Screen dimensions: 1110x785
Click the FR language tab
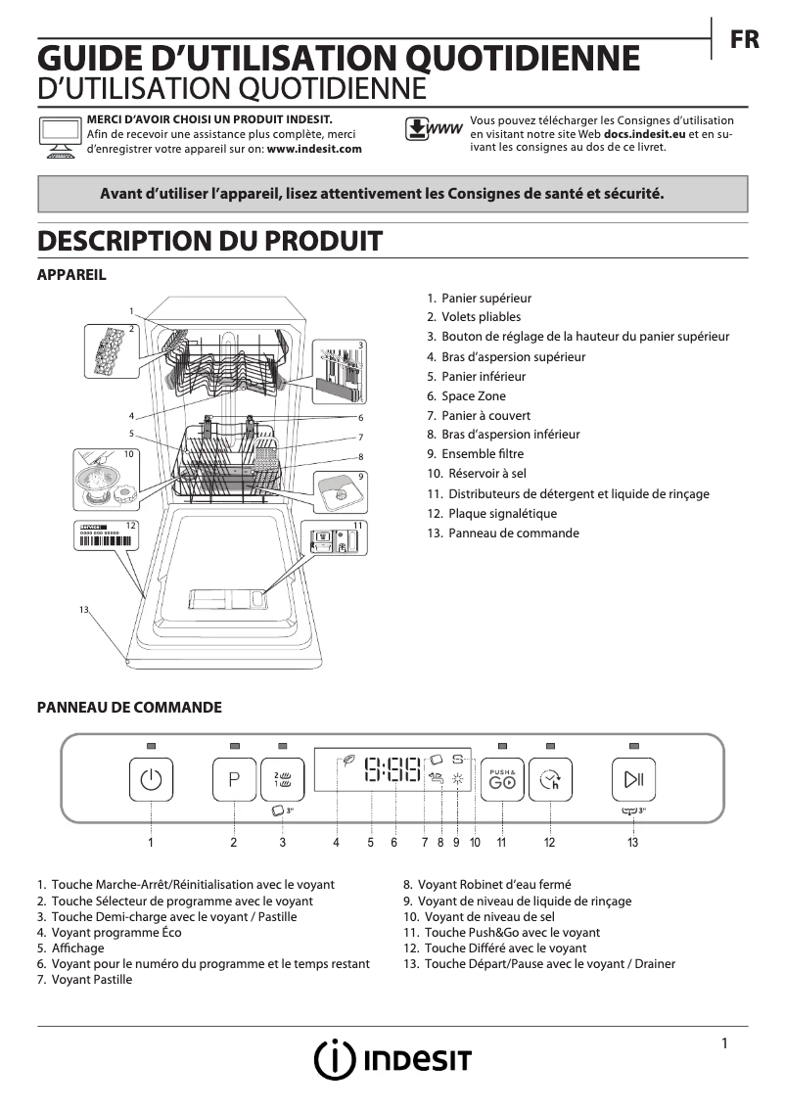click(745, 39)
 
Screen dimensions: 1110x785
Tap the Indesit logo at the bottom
click(392, 1059)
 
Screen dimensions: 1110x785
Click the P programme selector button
click(234, 780)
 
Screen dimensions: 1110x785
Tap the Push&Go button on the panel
click(503, 780)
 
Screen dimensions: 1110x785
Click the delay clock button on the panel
click(551, 780)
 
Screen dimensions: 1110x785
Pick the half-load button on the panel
click(283, 780)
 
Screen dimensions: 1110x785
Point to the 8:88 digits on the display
click(392, 770)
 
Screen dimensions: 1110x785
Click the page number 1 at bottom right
click(724, 1043)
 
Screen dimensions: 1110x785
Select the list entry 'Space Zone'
click(473, 395)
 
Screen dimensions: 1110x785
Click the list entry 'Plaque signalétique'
click(502, 513)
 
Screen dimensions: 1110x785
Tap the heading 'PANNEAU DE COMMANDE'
click(129, 707)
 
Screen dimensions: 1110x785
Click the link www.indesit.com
click(314, 149)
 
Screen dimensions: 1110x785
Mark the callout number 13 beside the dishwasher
click(84, 610)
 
